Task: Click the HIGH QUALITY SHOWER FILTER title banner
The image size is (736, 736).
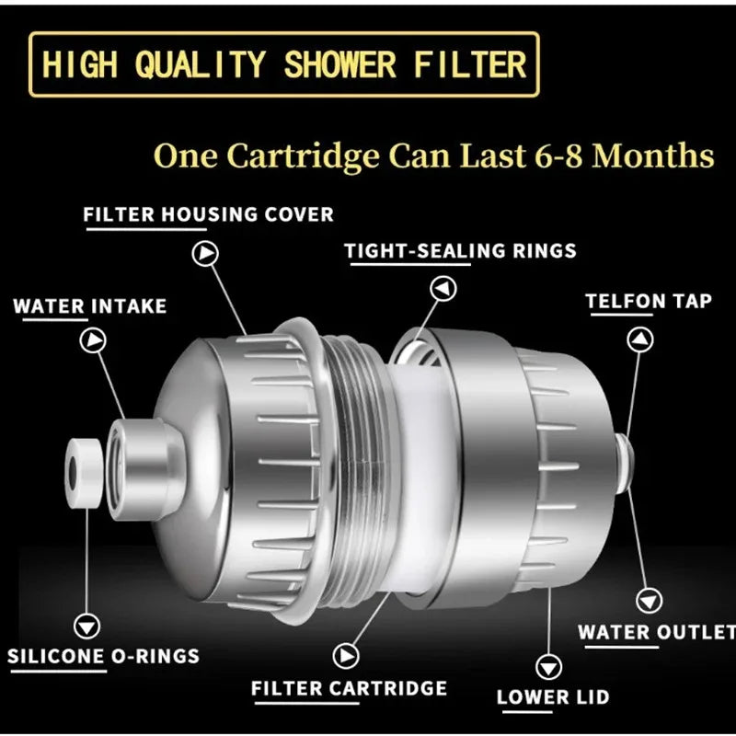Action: (x=284, y=63)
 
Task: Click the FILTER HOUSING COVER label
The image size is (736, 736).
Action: (x=209, y=214)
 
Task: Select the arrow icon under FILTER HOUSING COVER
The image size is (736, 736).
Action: (x=205, y=252)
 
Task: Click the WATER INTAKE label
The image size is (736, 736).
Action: (x=90, y=305)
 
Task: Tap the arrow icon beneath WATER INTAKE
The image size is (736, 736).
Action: (x=93, y=340)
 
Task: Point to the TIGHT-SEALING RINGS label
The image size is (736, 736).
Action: (x=460, y=250)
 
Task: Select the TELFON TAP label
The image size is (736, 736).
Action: (x=649, y=301)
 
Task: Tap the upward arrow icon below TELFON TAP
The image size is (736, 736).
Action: (x=640, y=339)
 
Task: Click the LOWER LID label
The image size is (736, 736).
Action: (x=553, y=696)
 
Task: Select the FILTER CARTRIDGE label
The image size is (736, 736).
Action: (x=349, y=687)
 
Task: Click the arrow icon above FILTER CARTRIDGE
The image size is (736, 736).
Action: (x=347, y=655)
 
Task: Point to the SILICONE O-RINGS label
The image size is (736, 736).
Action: (x=103, y=656)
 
